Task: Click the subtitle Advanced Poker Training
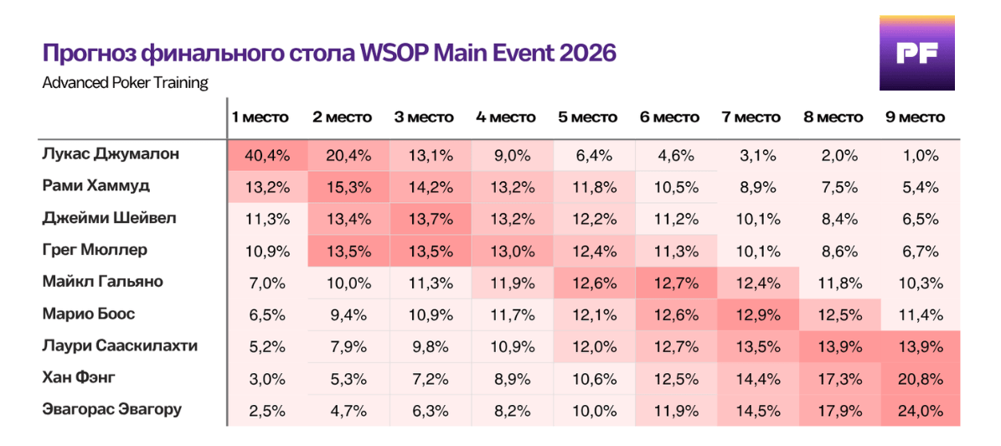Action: (x=126, y=84)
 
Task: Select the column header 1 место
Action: (x=260, y=117)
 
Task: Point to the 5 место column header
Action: (x=587, y=117)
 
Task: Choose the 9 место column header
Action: (x=915, y=117)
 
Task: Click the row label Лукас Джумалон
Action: (x=106, y=155)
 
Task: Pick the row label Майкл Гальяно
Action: (x=102, y=282)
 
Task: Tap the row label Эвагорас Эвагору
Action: (x=111, y=409)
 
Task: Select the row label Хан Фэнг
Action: (x=79, y=377)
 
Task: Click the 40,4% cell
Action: (x=268, y=155)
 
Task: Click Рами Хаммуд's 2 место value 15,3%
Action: (x=349, y=187)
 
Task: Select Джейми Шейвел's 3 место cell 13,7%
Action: (x=431, y=219)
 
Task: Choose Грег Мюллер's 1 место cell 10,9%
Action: (x=268, y=251)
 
